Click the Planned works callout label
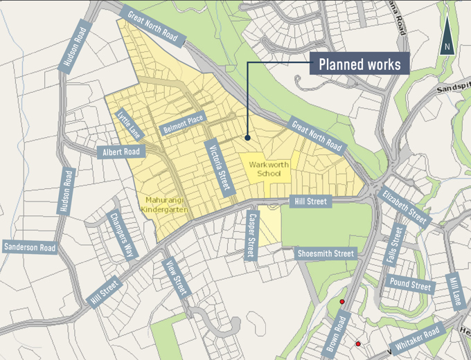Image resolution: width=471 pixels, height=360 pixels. tap(359, 65)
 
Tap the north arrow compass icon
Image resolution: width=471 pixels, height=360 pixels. tap(447, 37)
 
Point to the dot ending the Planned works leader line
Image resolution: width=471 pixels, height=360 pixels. tap(247, 138)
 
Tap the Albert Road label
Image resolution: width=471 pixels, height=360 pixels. tap(121, 152)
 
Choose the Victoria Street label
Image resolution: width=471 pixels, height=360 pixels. tap(217, 165)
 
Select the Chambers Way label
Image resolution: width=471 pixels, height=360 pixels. tap(122, 235)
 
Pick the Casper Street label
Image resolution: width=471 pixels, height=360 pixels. tap(251, 235)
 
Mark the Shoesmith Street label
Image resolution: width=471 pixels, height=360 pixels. tap(326, 254)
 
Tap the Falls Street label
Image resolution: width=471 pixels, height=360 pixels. tap(396, 246)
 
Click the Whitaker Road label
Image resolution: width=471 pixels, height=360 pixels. tap(418, 340)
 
